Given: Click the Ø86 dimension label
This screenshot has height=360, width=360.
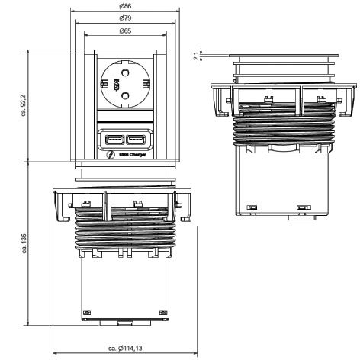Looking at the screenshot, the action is click(x=125, y=6).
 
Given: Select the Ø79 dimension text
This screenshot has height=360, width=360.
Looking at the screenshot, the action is click(x=125, y=18).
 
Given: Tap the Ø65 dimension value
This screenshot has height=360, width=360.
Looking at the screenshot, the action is click(x=125, y=31).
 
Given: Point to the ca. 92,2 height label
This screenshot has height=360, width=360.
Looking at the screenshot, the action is click(x=24, y=106).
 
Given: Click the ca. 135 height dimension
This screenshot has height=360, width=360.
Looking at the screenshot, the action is click(x=24, y=243).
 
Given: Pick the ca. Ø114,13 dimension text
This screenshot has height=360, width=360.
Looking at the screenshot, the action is click(x=125, y=348).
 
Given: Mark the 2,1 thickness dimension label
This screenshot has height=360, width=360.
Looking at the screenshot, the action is click(x=196, y=56).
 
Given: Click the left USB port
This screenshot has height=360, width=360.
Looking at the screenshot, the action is click(x=114, y=140).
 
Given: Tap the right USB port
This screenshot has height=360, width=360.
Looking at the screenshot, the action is click(x=136, y=140).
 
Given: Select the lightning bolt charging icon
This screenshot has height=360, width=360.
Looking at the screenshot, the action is click(x=111, y=155).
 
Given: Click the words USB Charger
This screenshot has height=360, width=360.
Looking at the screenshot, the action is click(x=133, y=155).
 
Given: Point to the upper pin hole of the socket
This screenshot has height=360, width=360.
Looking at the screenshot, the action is click(x=125, y=73).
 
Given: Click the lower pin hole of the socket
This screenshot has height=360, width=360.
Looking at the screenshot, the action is click(x=125, y=95).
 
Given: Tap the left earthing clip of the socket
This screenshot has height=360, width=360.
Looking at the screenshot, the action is click(x=104, y=84).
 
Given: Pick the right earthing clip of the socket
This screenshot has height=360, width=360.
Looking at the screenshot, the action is click(x=146, y=84).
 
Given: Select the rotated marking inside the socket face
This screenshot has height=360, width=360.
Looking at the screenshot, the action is click(x=116, y=84).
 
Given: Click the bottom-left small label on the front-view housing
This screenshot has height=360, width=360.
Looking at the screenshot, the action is click(x=87, y=313).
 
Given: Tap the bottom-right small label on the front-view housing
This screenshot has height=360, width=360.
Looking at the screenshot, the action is click(x=163, y=313).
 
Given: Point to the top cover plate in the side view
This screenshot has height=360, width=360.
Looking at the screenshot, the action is click(x=284, y=56).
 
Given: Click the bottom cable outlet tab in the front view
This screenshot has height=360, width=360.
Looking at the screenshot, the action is click(x=125, y=323).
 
